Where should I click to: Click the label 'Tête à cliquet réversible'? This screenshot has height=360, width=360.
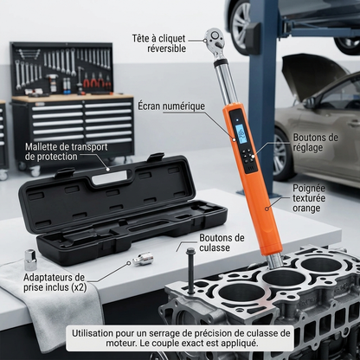tap(159, 43)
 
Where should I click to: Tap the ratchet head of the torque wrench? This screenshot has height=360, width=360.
tap(215, 38)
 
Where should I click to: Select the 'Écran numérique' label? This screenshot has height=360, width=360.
tap(171, 106)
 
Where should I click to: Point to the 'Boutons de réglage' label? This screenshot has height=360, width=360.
tap(315, 142)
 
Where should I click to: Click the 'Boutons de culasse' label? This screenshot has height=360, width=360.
tap(222, 242)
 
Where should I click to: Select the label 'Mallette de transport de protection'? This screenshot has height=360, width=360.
tap(66, 151)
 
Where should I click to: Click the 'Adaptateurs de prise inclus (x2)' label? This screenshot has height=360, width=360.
tap(55, 282)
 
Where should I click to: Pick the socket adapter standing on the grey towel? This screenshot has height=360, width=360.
tap(30, 260)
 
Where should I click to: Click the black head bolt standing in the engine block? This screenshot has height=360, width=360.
tap(190, 270)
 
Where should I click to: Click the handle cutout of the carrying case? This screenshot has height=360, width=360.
tap(111, 177)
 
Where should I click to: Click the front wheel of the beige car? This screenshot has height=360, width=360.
tap(280, 155)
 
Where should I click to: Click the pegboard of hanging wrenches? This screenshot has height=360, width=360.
tap(61, 68)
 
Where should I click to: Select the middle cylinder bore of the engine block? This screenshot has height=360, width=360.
tap(284, 277)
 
